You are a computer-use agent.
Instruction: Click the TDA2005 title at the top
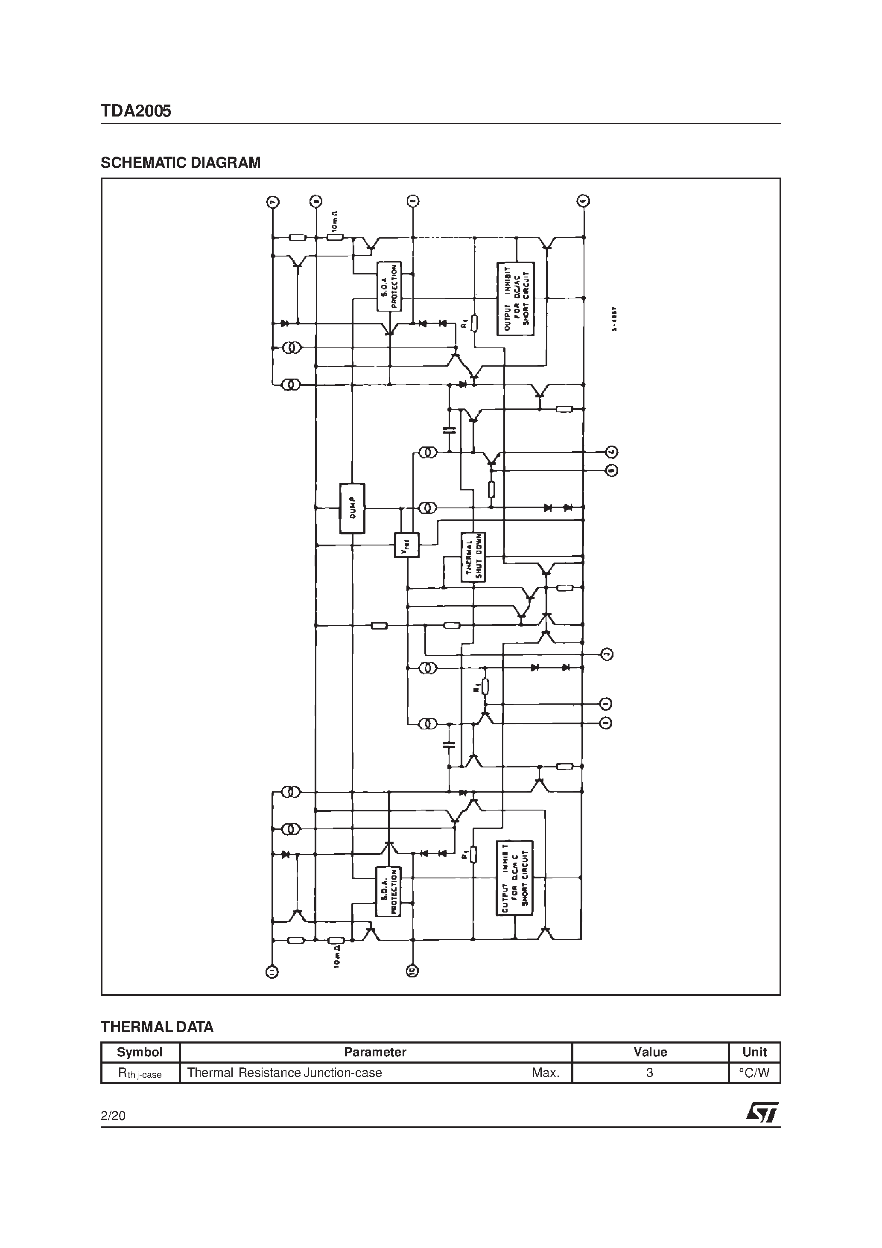[136, 111]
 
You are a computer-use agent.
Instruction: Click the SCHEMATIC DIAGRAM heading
[181, 163]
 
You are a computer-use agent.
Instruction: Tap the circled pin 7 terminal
[272, 202]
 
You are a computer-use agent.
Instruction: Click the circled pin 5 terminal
[612, 470]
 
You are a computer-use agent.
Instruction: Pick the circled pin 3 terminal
[607, 654]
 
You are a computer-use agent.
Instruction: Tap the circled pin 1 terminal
[606, 704]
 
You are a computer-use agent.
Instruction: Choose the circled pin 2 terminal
[606, 723]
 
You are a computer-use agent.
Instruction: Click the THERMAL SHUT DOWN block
[473, 557]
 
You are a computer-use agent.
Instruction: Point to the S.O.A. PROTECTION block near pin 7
[389, 286]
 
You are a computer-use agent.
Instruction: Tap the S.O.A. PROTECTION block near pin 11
[388, 892]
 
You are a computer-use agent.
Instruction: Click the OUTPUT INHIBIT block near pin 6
[516, 298]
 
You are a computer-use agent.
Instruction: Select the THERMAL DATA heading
[157, 1027]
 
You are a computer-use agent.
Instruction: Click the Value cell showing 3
[650, 1073]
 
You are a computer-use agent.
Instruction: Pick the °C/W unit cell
[754, 1073]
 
